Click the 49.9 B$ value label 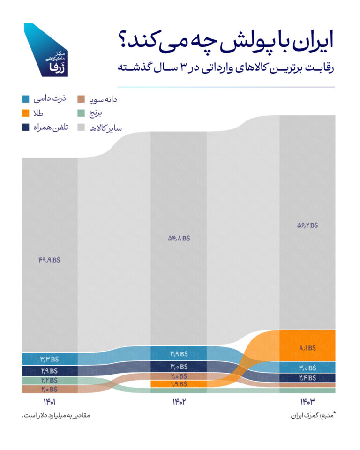[x=49, y=258]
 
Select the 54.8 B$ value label [x=178, y=238]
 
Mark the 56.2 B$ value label [x=307, y=225]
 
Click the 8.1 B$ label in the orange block [x=307, y=348]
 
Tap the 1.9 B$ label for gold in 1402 [x=178, y=384]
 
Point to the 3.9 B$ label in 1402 [x=178, y=353]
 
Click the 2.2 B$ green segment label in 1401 [x=49, y=380]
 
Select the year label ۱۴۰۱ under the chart [x=49, y=402]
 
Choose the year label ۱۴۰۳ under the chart [x=307, y=402]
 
